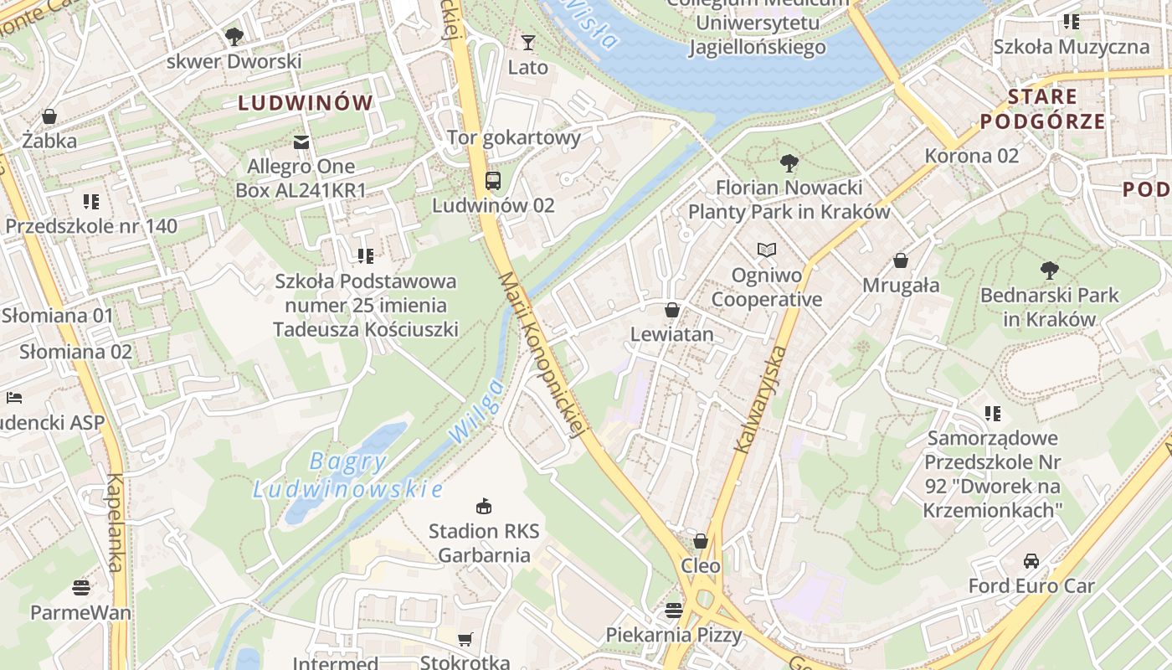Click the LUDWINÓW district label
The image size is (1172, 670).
pyautogui.click(x=306, y=103)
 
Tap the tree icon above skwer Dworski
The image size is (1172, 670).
pyautogui.click(x=234, y=36)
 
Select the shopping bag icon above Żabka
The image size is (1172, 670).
pyautogui.click(x=49, y=116)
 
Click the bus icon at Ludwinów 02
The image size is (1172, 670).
pyautogui.click(x=493, y=180)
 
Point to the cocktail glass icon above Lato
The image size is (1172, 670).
pyautogui.click(x=527, y=42)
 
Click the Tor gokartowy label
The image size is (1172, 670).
pyautogui.click(x=513, y=137)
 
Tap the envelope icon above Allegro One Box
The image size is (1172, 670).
pyautogui.click(x=301, y=142)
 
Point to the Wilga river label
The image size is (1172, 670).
pyautogui.click(x=475, y=410)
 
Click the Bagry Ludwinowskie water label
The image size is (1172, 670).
pyautogui.click(x=347, y=474)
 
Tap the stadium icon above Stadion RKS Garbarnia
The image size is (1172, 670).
pyautogui.click(x=484, y=505)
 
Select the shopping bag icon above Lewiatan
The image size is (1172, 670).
pyautogui.click(x=671, y=310)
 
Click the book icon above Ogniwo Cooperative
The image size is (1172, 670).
pyautogui.click(x=766, y=250)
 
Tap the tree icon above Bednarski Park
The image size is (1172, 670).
pyautogui.click(x=1049, y=270)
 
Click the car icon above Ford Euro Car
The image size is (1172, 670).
pyautogui.click(x=1031, y=560)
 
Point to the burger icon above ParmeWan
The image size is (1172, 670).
pyautogui.click(x=81, y=587)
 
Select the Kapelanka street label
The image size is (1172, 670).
pyautogui.click(x=115, y=523)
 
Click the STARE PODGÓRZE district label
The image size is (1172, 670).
pyautogui.click(x=1042, y=109)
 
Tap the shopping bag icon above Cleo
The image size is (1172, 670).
pyautogui.click(x=701, y=541)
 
